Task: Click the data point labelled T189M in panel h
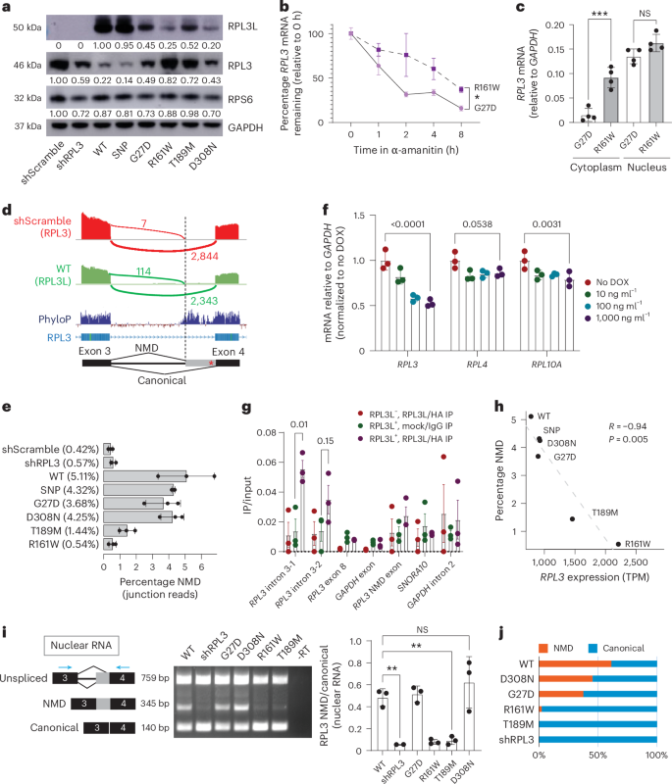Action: pyautogui.click(x=572, y=519)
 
